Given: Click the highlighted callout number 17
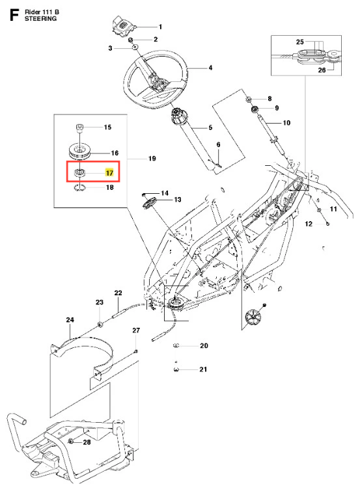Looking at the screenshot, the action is coord(109,173).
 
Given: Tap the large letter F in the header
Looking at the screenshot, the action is coord(14,15).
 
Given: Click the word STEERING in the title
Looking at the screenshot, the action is coord(41,19).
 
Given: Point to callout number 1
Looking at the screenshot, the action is coord(160,27).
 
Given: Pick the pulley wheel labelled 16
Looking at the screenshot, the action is coord(80,152).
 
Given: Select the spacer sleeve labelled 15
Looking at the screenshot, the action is coord(80,129).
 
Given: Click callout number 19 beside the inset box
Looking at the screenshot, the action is coord(152,159).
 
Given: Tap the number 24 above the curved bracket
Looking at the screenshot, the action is coord(70,319).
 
